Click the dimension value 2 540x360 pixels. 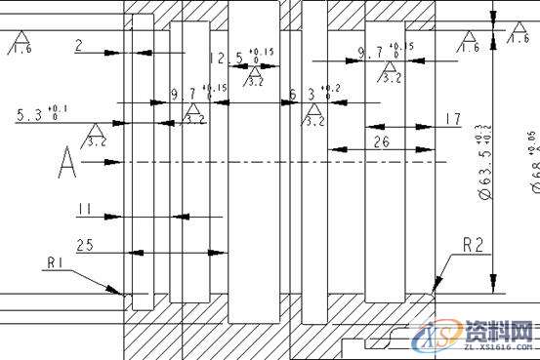[x=78, y=45]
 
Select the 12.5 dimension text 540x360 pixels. [x=227, y=59]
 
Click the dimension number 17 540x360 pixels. [x=451, y=119]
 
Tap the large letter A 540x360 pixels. [x=66, y=163]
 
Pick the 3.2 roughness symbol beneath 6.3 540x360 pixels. [x=313, y=115]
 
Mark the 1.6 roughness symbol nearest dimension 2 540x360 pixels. [x=19, y=42]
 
